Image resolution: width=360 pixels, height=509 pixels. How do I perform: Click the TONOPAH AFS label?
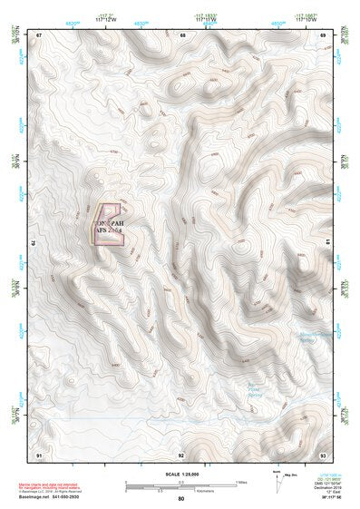[x=109, y=227]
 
